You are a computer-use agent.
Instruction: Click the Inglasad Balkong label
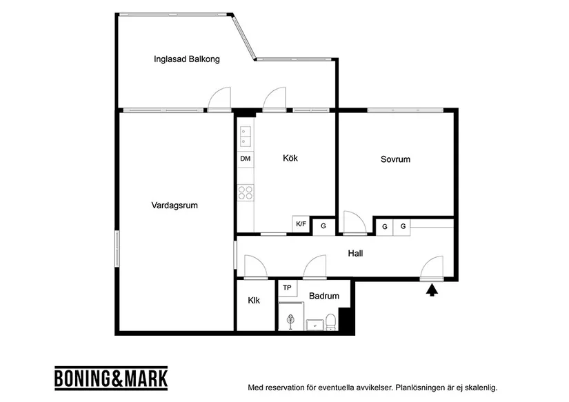(x=186, y=59)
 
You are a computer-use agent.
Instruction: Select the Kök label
(x=290, y=159)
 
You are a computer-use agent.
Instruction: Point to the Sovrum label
(x=395, y=159)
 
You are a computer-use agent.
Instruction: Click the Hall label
(x=355, y=254)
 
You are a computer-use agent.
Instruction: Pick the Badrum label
(x=323, y=297)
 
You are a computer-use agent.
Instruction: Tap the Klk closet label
(x=254, y=301)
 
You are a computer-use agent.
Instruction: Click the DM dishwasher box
(x=246, y=159)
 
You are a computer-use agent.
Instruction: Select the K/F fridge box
(x=301, y=224)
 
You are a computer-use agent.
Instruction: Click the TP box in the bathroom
(x=287, y=288)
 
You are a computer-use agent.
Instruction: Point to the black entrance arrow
(x=432, y=290)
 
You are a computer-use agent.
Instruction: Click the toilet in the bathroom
(x=330, y=321)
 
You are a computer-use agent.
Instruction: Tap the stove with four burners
(x=246, y=192)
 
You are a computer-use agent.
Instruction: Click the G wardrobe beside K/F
(x=323, y=226)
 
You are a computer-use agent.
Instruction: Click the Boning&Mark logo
(x=110, y=379)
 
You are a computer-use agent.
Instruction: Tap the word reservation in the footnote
(x=290, y=388)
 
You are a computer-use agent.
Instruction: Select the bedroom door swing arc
(x=353, y=221)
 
